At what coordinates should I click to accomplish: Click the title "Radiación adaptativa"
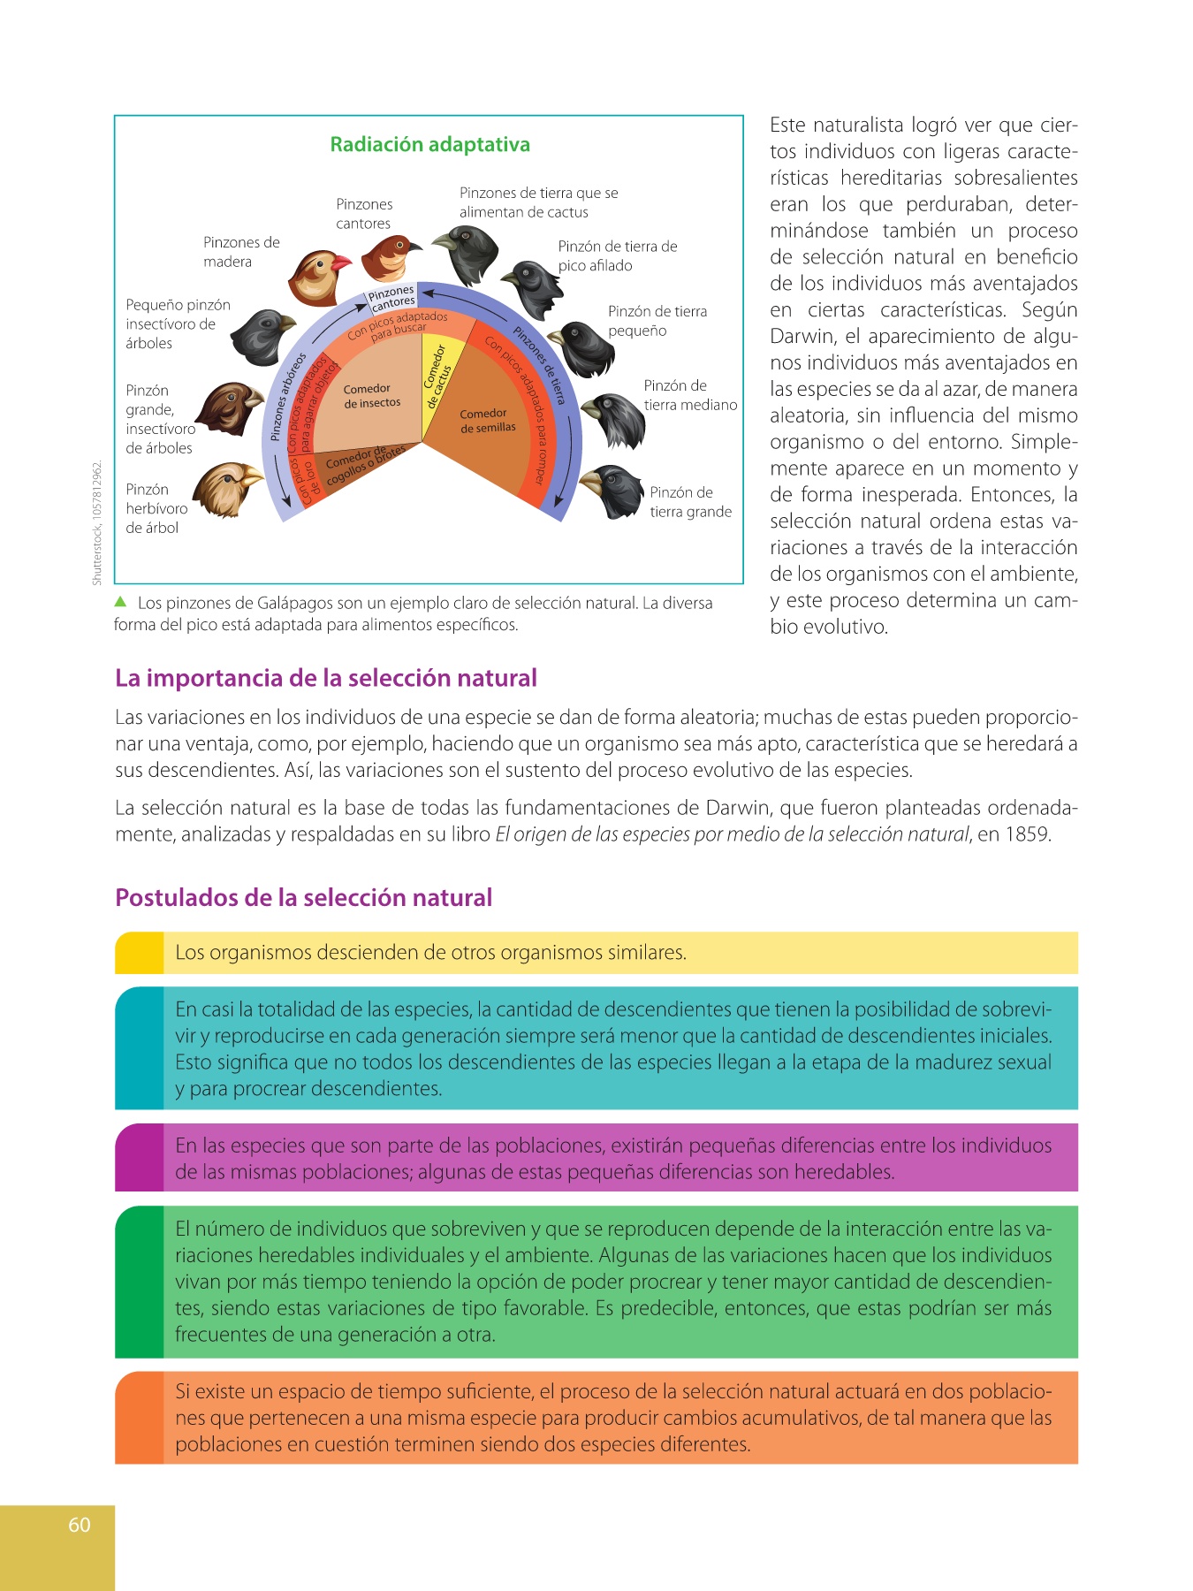pyautogui.click(x=429, y=145)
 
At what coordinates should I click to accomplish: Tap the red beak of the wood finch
pyautogui.click(x=340, y=263)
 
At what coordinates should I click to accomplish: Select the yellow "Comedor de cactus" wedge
pyautogui.click(x=437, y=389)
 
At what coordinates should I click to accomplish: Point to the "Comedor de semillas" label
pyautogui.click(x=487, y=421)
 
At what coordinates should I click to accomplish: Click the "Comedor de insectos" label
pyautogui.click(x=372, y=396)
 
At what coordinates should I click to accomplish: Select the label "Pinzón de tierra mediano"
pyautogui.click(x=690, y=395)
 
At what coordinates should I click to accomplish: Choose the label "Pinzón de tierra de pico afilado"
pyautogui.click(x=617, y=255)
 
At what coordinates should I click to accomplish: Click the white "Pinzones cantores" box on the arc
pyautogui.click(x=391, y=298)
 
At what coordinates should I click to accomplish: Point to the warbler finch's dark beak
pyautogui.click(x=414, y=245)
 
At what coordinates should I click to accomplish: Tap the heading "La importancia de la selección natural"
pyautogui.click(x=326, y=678)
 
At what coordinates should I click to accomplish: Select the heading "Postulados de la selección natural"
pyautogui.click(x=303, y=898)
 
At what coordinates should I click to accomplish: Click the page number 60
pyautogui.click(x=80, y=1525)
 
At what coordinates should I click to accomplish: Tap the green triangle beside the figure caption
pyautogui.click(x=121, y=602)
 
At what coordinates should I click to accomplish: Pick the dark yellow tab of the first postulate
pyautogui.click(x=139, y=953)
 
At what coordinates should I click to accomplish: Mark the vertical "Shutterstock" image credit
pyautogui.click(x=97, y=521)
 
